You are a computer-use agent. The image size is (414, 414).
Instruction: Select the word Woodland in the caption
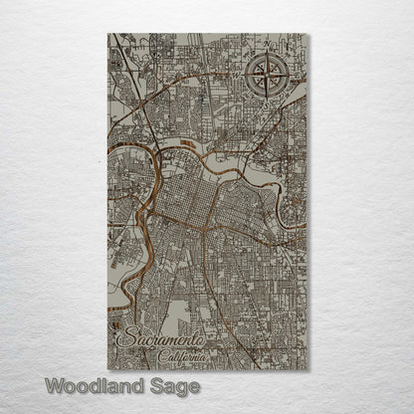[93, 384]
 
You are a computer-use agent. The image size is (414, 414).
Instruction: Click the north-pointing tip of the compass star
[266, 54]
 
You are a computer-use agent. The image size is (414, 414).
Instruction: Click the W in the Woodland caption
[56, 384]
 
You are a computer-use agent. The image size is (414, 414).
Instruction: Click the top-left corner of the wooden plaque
[108, 34]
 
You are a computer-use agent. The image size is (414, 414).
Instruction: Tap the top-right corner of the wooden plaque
[308, 34]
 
